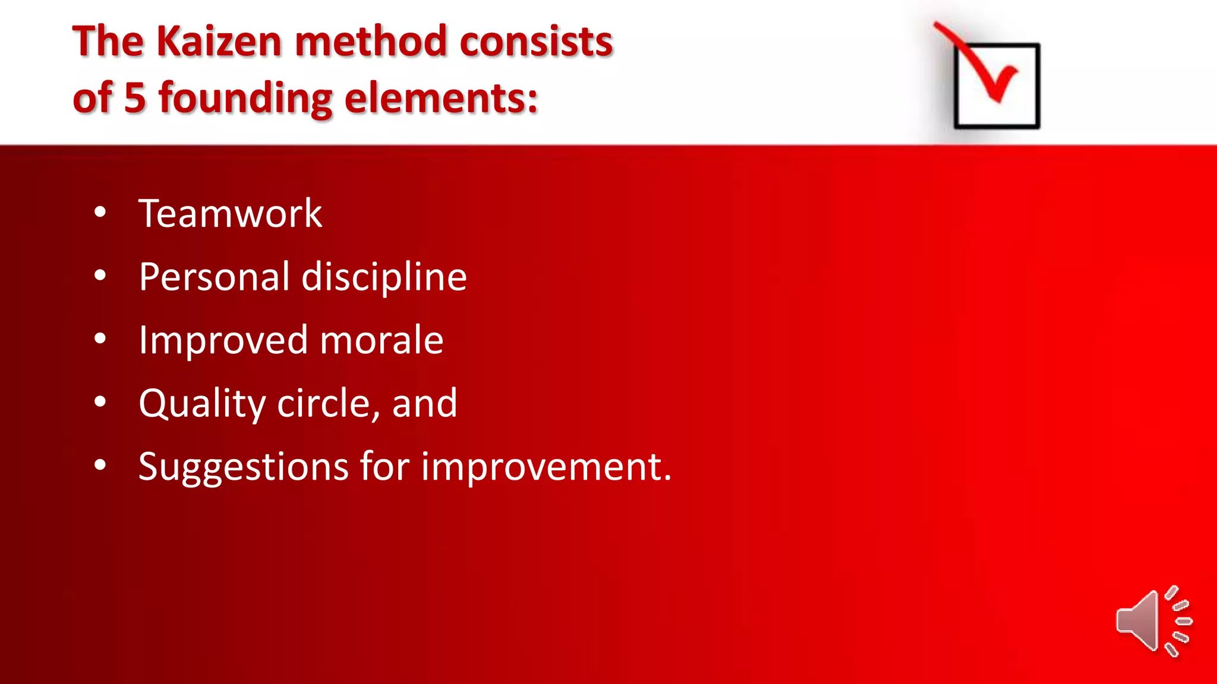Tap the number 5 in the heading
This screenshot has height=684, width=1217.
point(135,98)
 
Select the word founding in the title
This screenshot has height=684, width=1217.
point(245,99)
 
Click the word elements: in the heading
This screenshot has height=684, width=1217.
point(441,98)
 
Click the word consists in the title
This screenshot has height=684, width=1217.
point(536,42)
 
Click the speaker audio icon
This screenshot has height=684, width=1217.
point(1153,621)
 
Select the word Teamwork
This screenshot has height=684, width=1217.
point(230,214)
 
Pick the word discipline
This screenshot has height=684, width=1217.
point(384,277)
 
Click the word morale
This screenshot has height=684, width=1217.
point(382,341)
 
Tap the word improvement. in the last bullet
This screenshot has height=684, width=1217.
point(546,467)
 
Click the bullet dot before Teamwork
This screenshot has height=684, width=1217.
point(100,212)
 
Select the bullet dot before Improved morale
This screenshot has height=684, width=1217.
point(100,338)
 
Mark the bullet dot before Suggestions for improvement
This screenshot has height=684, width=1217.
point(100,465)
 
